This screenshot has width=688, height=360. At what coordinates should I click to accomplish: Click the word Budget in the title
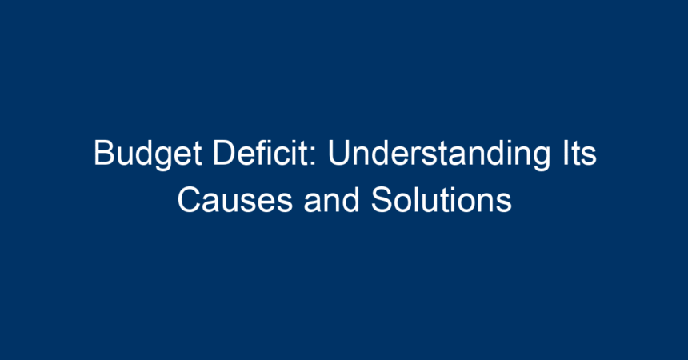click(x=147, y=154)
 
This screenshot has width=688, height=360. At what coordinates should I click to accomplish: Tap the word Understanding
click(x=438, y=154)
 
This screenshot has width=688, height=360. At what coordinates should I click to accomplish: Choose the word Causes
click(x=234, y=200)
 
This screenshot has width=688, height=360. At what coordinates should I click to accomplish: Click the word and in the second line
click(x=332, y=200)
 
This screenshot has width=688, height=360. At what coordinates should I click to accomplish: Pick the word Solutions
click(x=442, y=200)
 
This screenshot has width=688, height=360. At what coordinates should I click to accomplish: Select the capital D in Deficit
click(x=224, y=153)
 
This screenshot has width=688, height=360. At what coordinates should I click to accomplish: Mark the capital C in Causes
click(x=190, y=200)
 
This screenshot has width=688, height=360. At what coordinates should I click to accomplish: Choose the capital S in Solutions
click(x=382, y=200)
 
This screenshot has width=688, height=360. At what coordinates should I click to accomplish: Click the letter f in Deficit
click(x=264, y=153)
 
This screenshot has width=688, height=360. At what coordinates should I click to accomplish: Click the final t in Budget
click(x=196, y=154)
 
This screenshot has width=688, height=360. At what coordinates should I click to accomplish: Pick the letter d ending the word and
click(x=351, y=200)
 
